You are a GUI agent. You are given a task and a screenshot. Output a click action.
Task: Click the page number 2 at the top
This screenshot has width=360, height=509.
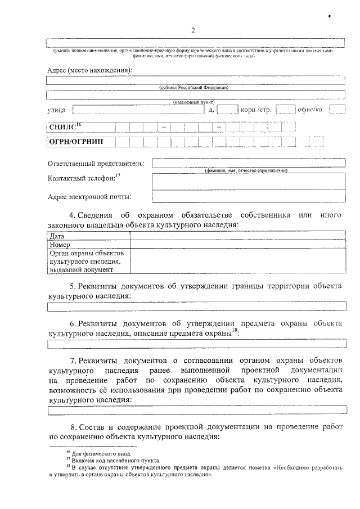[x=192, y=30]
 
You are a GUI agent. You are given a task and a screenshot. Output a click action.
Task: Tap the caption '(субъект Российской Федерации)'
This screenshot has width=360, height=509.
[x=193, y=88]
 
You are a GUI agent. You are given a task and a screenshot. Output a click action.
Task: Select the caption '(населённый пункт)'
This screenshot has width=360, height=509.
[x=193, y=102]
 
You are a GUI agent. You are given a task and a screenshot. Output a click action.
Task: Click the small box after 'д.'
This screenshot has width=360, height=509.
[x=227, y=109]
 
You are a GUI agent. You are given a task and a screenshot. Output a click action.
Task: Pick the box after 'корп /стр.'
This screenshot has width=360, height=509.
[x=285, y=109]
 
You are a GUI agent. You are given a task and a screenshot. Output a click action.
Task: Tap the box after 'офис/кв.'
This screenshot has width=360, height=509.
[x=337, y=109]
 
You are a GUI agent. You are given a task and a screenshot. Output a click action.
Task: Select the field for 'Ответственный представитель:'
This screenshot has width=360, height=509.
[x=248, y=163]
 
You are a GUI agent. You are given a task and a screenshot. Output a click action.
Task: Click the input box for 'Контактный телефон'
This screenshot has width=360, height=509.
[x=248, y=181]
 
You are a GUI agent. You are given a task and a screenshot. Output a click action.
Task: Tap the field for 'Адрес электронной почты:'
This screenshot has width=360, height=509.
[x=248, y=196]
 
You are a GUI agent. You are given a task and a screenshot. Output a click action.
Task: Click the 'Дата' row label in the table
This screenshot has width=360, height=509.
[x=56, y=237]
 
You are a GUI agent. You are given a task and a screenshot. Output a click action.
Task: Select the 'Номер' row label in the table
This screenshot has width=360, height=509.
[x=60, y=245]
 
